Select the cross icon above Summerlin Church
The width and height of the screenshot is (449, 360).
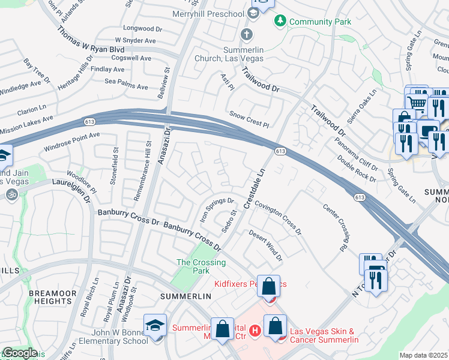point(246,34)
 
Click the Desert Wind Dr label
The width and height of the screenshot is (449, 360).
point(265,246)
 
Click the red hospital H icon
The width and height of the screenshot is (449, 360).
point(255,330)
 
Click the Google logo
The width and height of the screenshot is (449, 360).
point(19,353)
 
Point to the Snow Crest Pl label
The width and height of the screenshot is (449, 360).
point(249,119)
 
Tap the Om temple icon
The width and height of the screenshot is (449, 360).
point(10,194)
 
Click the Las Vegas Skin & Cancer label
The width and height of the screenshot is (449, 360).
point(324,335)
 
